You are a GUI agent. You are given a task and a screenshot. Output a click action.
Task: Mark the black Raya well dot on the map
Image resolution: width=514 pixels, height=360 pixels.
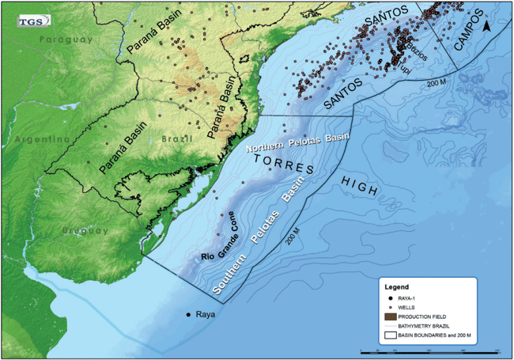point(188,316)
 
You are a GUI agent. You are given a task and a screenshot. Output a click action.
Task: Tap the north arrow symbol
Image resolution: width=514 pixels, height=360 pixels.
point(489,27)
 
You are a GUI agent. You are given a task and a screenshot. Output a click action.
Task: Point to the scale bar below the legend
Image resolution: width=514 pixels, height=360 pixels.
point(428,349)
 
